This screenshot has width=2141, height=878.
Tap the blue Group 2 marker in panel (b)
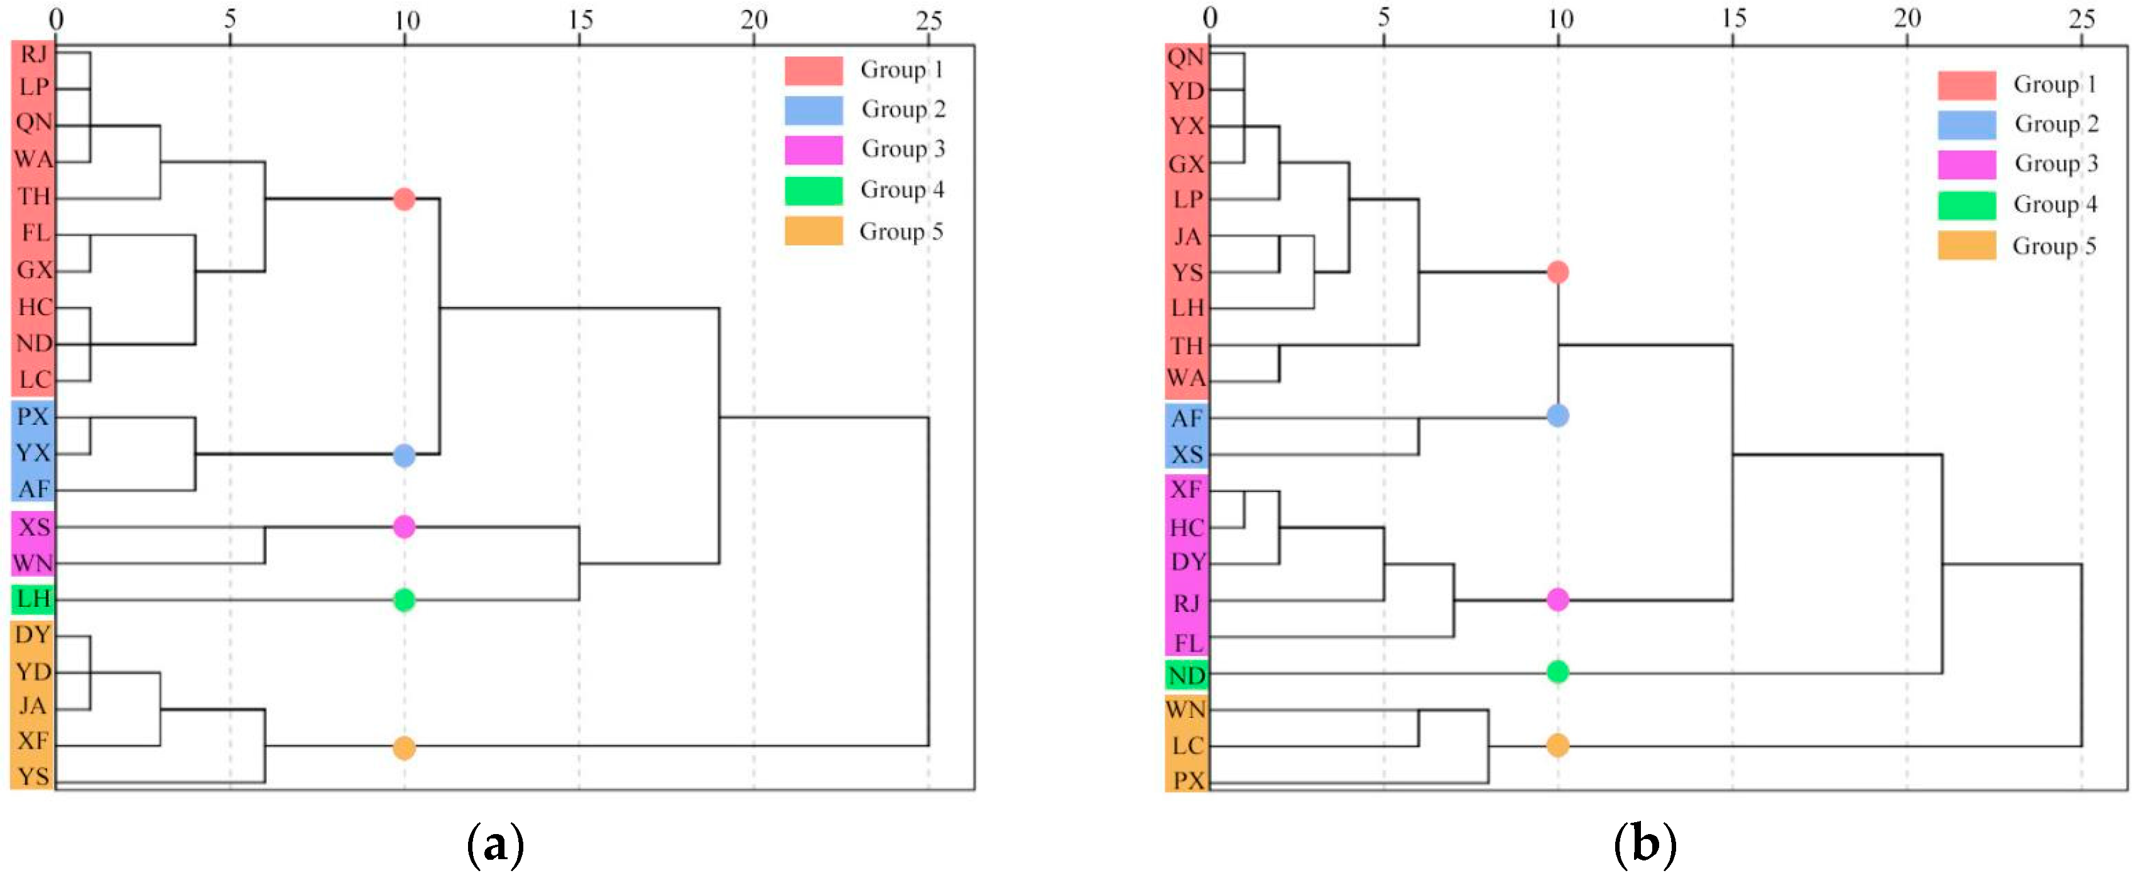click(1557, 415)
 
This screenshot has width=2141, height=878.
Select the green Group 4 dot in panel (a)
click(404, 600)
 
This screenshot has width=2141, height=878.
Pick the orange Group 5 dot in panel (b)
click(1557, 745)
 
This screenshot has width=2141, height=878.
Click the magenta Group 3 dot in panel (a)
click(404, 527)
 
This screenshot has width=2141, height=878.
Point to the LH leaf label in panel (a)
click(33, 599)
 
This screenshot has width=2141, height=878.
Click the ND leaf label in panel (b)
click(1186, 676)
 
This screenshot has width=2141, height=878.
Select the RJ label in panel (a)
click(33, 55)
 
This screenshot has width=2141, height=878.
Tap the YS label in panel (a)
click(33, 777)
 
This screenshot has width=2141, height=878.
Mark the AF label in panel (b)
click(1186, 419)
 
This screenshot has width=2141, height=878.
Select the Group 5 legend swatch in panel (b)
click(1966, 246)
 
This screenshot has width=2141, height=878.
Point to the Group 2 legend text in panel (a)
click(903, 109)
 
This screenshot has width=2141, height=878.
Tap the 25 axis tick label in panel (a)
click(929, 19)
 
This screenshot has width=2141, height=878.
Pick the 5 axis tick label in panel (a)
click(230, 19)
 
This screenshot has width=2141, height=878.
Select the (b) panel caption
click(1645, 845)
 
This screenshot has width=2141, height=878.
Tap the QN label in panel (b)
click(1186, 57)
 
